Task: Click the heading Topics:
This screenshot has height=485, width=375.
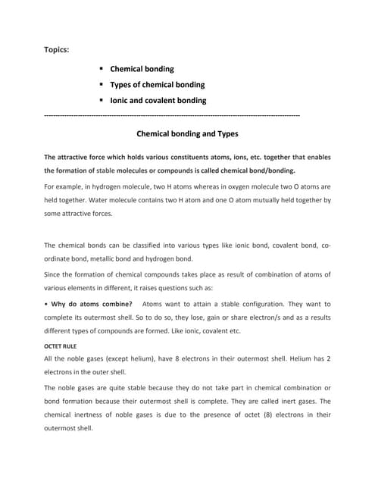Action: (x=58, y=50)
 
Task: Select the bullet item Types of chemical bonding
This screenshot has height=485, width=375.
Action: (x=158, y=84)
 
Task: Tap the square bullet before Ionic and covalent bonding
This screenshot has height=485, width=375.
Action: (x=101, y=100)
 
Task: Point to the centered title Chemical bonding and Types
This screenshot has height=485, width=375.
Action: (x=187, y=133)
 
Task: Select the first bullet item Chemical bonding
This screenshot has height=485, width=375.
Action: (x=144, y=69)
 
